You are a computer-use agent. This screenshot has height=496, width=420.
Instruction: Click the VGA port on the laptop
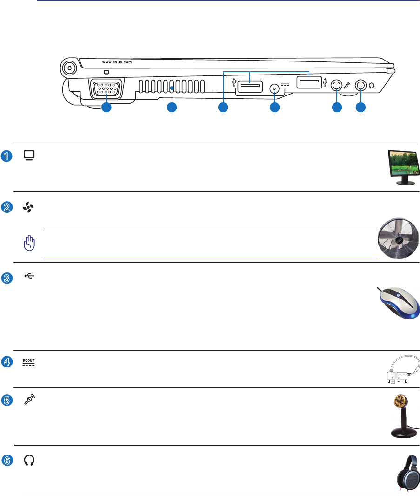(x=105, y=89)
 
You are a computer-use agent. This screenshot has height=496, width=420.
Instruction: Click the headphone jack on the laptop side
(x=360, y=86)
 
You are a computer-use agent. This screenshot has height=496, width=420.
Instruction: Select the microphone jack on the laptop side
(x=336, y=86)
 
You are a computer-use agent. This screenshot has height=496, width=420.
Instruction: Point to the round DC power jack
(x=275, y=88)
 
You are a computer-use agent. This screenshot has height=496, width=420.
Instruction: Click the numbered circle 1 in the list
(x=6, y=156)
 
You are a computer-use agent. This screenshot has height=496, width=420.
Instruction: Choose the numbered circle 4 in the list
(x=6, y=362)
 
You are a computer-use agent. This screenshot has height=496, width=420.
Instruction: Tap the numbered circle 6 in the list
(x=6, y=461)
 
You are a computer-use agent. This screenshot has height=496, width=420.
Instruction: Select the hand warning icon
(x=30, y=243)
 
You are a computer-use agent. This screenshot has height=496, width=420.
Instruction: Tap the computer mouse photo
(x=397, y=303)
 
